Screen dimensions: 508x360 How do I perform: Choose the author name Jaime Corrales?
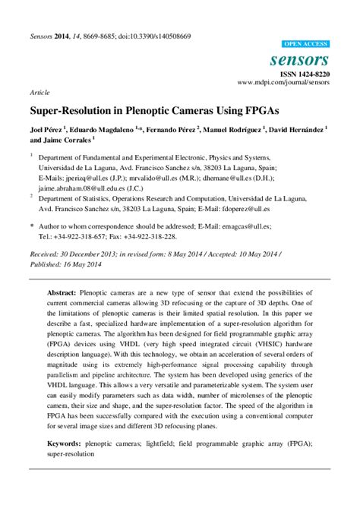[x=68, y=140]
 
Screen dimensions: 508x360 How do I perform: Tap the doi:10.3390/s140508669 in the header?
[x=149, y=36]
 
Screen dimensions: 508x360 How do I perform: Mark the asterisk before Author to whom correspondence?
[x=31, y=226]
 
